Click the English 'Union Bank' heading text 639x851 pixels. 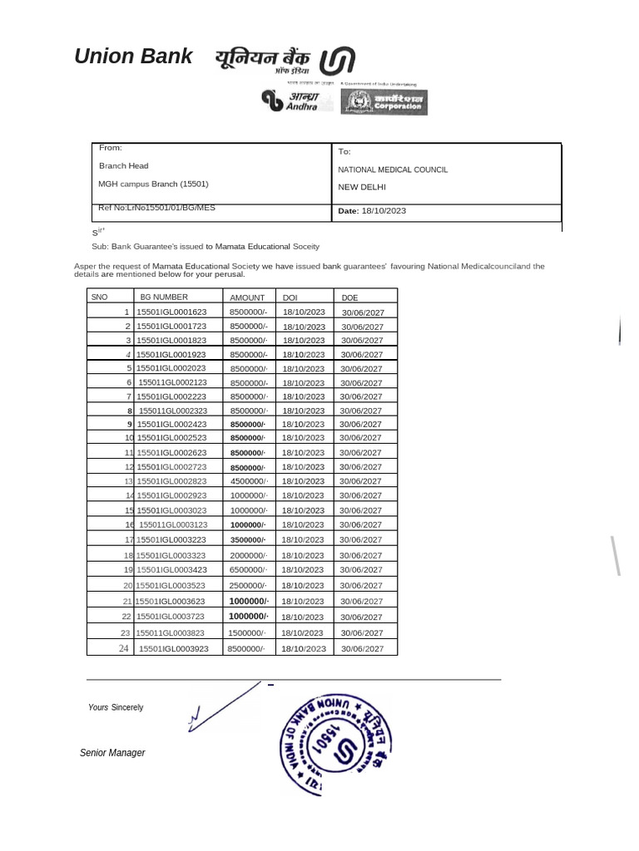click(133, 57)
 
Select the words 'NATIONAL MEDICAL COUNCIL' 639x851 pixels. click(393, 170)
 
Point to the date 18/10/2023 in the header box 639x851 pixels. click(384, 211)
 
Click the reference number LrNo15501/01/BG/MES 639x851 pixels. click(156, 207)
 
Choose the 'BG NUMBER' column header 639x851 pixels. click(164, 297)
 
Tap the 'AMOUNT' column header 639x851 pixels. click(247, 298)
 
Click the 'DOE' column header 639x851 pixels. click(349, 298)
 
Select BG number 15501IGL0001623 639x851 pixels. click(171, 312)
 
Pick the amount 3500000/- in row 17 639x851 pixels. click(248, 539)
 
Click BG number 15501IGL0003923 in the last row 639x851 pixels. click(173, 648)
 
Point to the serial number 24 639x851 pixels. click(123, 648)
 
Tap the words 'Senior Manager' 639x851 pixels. click(112, 753)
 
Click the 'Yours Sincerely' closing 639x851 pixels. click(116, 707)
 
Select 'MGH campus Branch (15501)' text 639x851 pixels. click(153, 184)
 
